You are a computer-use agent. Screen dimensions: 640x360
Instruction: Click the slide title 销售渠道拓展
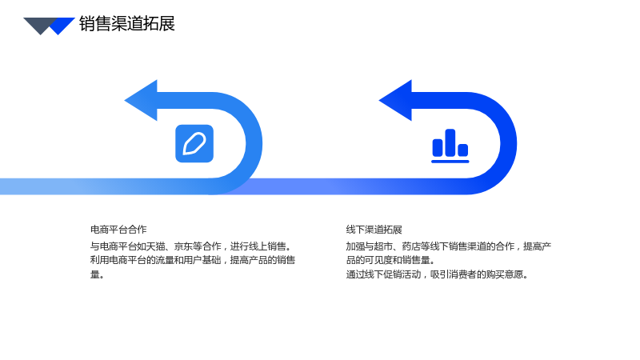click(127, 24)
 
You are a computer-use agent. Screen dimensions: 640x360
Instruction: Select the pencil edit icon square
click(194, 144)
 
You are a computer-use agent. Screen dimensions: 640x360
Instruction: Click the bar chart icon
click(450, 146)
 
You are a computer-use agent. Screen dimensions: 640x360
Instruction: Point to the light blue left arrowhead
click(141, 101)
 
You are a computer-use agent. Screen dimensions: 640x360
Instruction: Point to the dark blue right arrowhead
click(395, 101)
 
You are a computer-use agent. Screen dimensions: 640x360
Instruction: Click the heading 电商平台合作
click(118, 230)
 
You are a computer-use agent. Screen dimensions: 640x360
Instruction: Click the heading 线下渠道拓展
click(374, 230)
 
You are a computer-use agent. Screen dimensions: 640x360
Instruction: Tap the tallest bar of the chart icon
click(450, 142)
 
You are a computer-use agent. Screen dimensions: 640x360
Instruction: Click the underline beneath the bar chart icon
click(450, 162)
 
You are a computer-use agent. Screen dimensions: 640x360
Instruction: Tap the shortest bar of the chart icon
click(463, 150)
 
